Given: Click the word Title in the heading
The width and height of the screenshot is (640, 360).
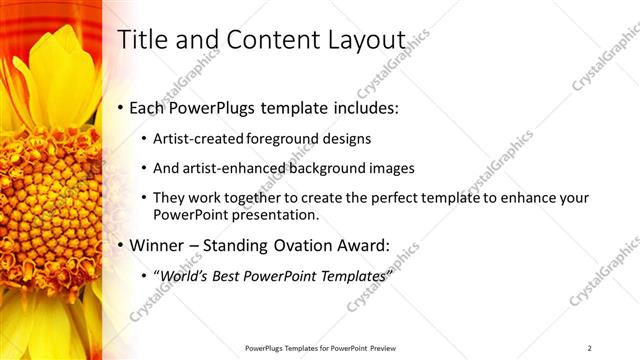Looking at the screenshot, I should (x=140, y=40).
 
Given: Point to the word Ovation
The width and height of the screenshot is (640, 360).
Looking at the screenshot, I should (x=308, y=244).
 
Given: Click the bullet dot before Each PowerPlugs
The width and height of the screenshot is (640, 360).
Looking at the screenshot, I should (x=122, y=106).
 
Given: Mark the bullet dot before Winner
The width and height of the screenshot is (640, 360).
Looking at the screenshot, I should (x=122, y=245).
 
